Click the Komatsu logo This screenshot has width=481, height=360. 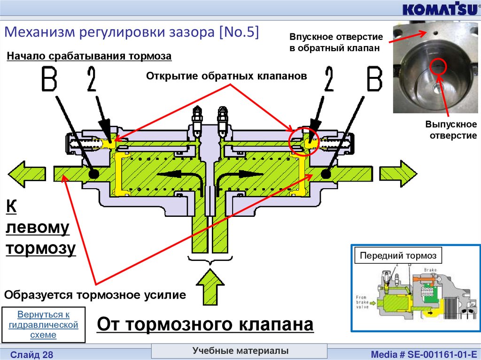(437, 9)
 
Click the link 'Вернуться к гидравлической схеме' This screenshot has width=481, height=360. (43, 324)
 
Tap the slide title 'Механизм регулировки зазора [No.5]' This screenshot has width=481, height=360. (132, 33)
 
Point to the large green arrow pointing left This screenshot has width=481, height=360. (26, 174)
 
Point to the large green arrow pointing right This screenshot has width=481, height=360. (398, 174)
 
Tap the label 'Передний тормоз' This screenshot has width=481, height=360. (398, 256)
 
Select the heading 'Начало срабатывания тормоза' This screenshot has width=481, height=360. (89, 56)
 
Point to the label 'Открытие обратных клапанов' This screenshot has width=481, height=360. (226, 76)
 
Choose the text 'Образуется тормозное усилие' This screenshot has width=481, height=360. (95, 295)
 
